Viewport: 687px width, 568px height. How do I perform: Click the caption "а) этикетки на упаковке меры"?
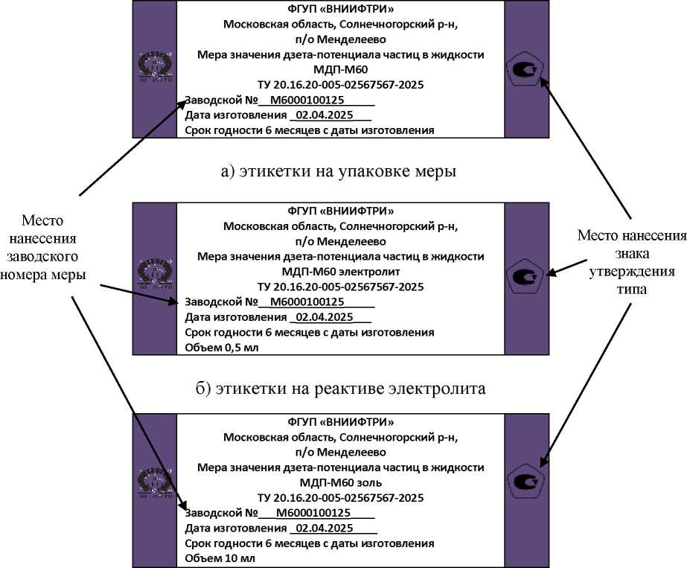339,172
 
